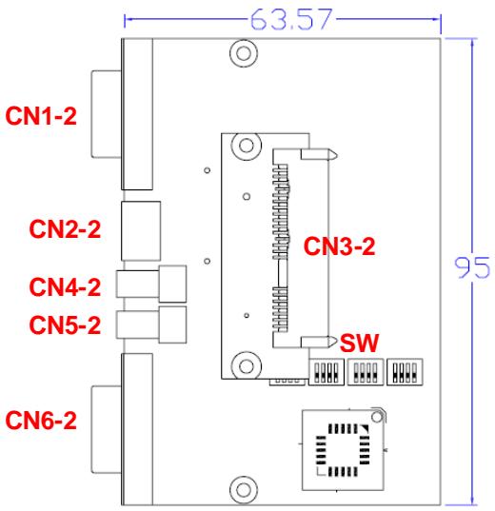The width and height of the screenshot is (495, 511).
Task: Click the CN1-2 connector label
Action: coord(41,116)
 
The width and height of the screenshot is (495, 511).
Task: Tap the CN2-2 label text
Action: coord(65,228)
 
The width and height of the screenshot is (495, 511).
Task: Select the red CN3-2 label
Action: coord(339,246)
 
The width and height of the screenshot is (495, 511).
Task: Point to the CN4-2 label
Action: coord(65,286)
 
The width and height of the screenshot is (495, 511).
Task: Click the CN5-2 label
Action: coord(65,324)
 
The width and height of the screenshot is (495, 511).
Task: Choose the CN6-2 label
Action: coord(41,420)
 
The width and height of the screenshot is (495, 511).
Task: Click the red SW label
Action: coord(359,343)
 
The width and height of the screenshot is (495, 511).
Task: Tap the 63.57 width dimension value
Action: coord(291,19)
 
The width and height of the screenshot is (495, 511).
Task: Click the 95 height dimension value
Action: coord(472,267)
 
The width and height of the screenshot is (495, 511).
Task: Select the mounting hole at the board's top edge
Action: coord(244,53)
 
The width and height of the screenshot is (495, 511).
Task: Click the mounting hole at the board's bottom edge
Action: coord(244,489)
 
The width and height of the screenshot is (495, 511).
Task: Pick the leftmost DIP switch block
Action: coord(327,372)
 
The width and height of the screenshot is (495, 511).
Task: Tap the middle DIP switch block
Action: coord(366,372)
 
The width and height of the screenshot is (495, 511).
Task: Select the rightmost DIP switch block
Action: coord(405,372)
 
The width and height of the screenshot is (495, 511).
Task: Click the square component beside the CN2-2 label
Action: coord(141,231)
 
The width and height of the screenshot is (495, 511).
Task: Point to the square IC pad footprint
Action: coord(343,450)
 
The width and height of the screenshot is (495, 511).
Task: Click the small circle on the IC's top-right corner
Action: coord(377,417)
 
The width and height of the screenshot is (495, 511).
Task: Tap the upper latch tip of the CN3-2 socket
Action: coord(337,155)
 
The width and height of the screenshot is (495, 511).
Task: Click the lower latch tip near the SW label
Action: coord(337,342)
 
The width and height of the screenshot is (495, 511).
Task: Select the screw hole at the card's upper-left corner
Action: coord(247,146)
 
